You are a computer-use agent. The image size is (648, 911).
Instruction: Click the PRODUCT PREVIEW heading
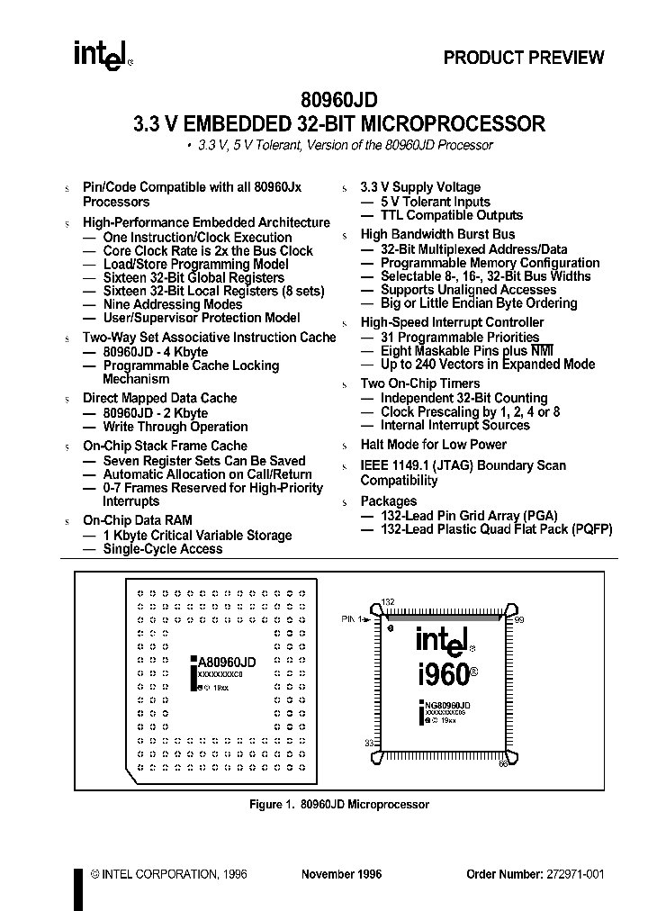tap(524, 58)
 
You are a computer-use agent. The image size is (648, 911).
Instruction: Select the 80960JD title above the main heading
tap(339, 102)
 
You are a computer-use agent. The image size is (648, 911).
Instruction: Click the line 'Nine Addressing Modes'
tap(160, 304)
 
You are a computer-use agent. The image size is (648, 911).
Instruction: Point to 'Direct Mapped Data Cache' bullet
tap(160, 398)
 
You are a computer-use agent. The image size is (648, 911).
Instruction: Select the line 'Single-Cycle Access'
tap(163, 548)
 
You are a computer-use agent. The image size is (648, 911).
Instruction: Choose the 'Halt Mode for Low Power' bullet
tap(433, 445)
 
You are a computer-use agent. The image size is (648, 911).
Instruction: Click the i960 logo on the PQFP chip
tap(444, 674)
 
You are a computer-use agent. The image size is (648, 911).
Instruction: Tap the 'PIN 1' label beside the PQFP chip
tap(353, 619)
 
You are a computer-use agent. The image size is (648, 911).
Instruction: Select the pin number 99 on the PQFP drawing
tap(518, 620)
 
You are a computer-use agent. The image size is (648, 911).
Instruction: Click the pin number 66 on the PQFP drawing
tap(503, 763)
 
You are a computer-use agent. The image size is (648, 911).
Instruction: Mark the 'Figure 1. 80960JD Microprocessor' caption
tap(338, 805)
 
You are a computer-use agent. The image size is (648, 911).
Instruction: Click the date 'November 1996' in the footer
tap(341, 874)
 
